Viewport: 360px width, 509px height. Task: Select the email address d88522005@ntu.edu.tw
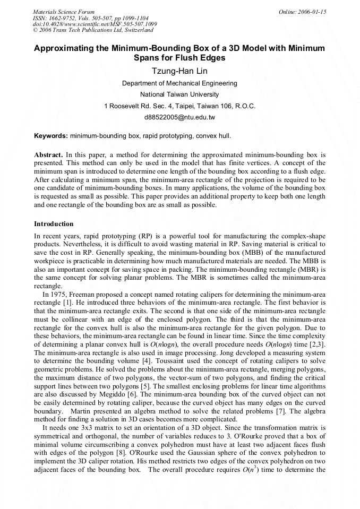pyautogui.click(x=179, y=117)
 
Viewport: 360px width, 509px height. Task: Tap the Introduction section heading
pyautogui.click(x=54, y=224)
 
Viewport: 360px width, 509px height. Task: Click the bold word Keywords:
pyautogui.click(x=50, y=136)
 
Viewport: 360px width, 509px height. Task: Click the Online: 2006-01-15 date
pyautogui.click(x=302, y=12)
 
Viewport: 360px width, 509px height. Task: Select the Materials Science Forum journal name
pyautogui.click(x=64, y=12)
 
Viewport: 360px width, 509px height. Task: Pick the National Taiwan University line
pyautogui.click(x=179, y=94)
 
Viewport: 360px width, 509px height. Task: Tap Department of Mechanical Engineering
pyautogui.click(x=179, y=83)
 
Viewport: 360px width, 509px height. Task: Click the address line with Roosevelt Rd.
pyautogui.click(x=179, y=106)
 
